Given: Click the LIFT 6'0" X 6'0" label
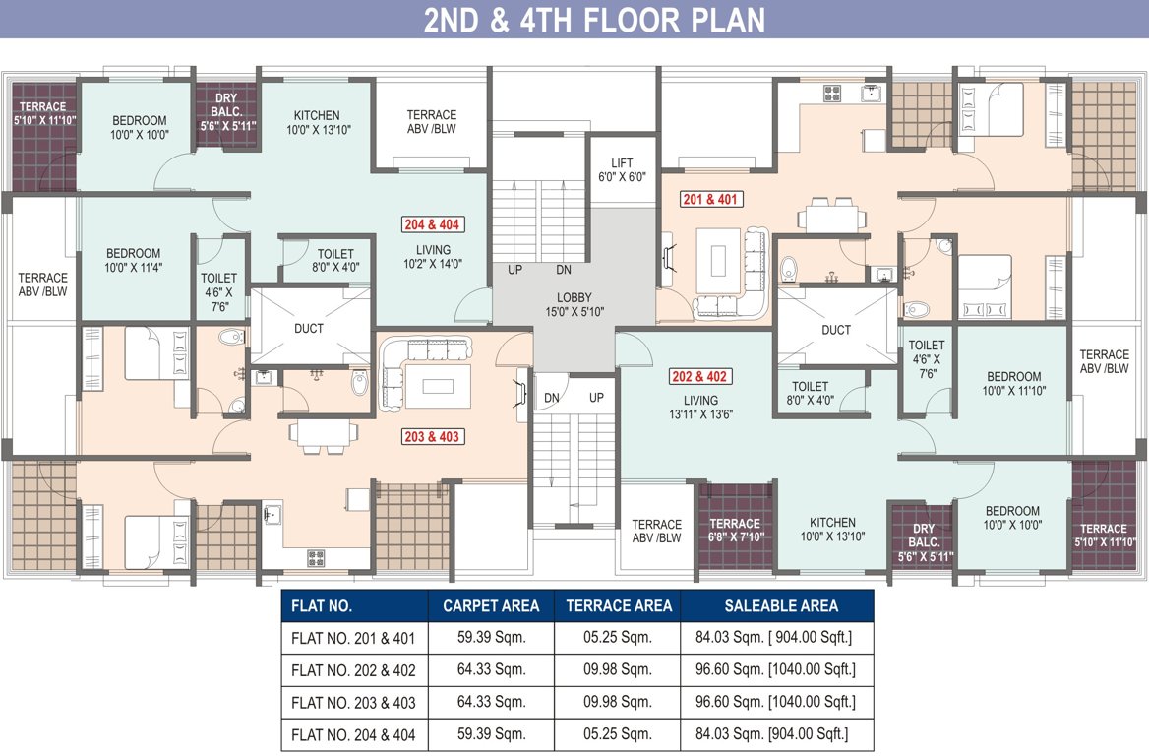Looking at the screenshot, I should tap(622, 170).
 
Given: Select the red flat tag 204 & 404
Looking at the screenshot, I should tap(432, 224).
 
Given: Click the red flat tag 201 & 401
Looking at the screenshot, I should tap(711, 200).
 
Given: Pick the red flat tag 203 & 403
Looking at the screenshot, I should tap(432, 436).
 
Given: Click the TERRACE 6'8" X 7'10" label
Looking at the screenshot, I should tap(735, 530).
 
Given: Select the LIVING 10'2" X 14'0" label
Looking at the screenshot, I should tap(433, 256).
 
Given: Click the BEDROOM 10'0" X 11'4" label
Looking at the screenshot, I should tap(134, 261).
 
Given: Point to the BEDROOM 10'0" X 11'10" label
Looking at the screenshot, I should tap(1013, 383).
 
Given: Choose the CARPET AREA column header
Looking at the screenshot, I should tap(490, 605).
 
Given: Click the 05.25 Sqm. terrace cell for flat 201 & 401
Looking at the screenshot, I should tap(618, 638).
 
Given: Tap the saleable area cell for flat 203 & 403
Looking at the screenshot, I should tap(775, 703).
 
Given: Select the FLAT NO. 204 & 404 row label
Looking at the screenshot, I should tap(353, 734).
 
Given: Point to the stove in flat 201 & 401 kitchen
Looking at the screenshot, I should tap(833, 94).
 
